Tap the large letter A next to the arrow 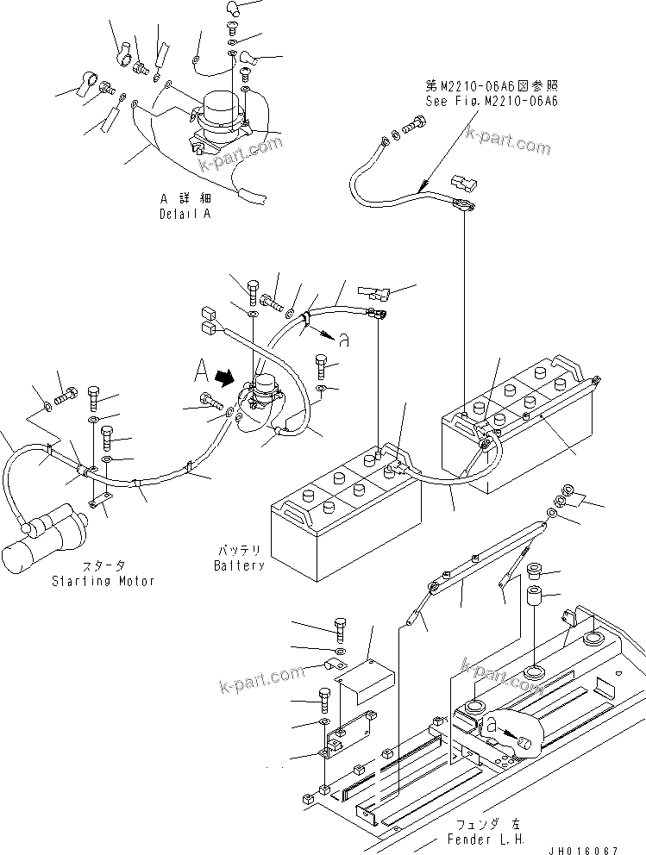pos(200,372)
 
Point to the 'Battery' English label pos(239,565)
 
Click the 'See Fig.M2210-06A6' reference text pos(491,101)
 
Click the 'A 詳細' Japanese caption pos(185,198)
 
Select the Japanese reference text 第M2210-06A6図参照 pos(491,86)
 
